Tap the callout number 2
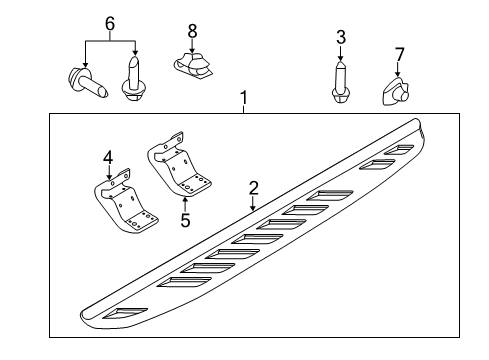point(253,186)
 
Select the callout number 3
point(340,38)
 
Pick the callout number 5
point(184,219)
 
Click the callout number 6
point(110,23)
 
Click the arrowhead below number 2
point(253,206)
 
